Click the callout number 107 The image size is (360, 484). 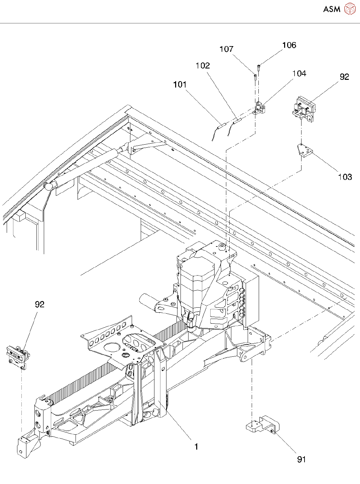[x=226, y=49]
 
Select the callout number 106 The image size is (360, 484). [x=289, y=45]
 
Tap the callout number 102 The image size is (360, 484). [x=203, y=65]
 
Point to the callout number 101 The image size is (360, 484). [x=180, y=84]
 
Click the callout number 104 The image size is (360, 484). [x=299, y=73]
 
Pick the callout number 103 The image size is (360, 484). [x=345, y=177]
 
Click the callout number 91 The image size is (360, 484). [x=302, y=459]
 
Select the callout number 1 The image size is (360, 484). [x=197, y=447]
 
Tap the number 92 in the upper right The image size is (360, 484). [x=345, y=76]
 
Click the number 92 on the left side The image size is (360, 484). [x=40, y=304]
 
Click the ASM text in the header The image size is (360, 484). [x=332, y=9]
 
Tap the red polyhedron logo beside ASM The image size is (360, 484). [x=350, y=9]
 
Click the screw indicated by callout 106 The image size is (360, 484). [x=259, y=68]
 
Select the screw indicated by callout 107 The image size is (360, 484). [x=255, y=77]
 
